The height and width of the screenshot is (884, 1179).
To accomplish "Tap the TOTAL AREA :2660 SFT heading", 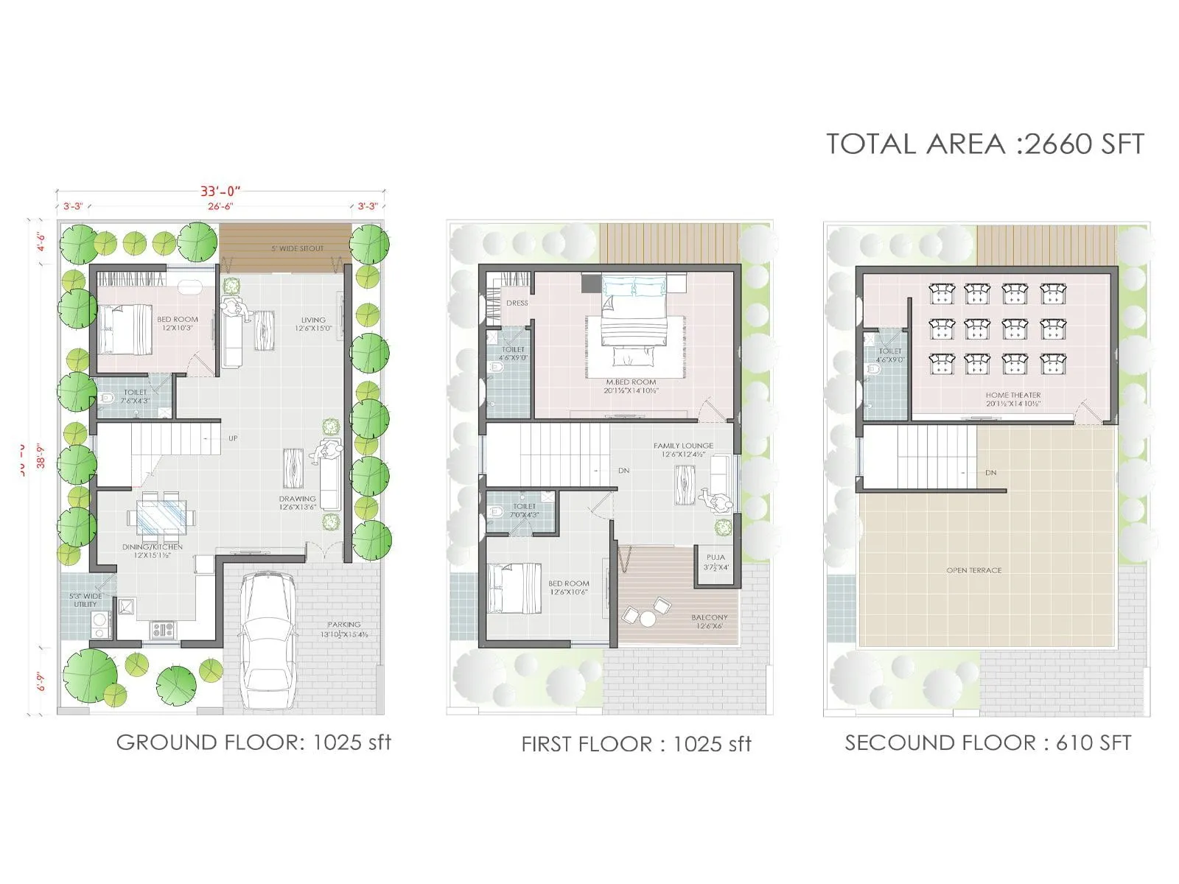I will tap(984, 144).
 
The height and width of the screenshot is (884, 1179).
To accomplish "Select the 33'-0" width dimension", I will tap(220, 192).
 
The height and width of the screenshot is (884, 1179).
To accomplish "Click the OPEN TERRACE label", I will tap(973, 570).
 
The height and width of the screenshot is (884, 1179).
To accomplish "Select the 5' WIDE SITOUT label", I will tap(297, 249).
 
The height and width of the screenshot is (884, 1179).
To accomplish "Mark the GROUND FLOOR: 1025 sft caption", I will tap(253, 742).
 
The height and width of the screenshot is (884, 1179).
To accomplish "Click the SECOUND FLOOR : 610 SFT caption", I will tap(987, 743).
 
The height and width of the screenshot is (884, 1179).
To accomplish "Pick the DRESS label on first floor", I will tap(517, 303).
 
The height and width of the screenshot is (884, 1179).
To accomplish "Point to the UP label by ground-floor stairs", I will tap(233, 438).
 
